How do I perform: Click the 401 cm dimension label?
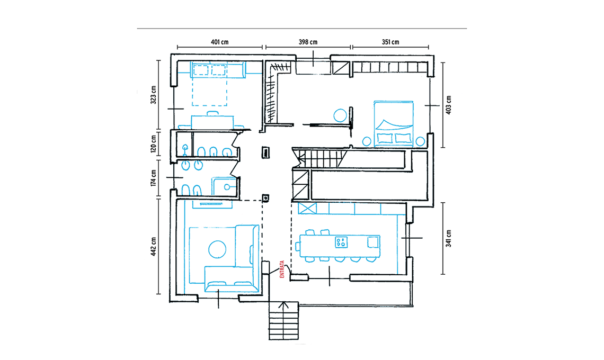click(x=219, y=42)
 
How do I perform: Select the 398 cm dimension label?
click(x=308, y=42)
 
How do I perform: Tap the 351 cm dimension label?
click(x=390, y=42)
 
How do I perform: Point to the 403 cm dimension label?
click(x=448, y=105)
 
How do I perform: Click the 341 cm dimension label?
click(x=448, y=238)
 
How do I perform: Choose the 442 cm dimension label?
click(x=153, y=246)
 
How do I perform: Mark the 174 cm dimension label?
click(x=153, y=178)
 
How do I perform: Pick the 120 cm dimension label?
click(x=153, y=144)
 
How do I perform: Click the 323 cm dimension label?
click(x=153, y=95)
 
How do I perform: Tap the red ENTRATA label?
click(x=282, y=269)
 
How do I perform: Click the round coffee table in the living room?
click(x=217, y=249)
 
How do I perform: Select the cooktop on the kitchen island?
click(x=341, y=242)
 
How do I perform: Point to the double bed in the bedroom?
click(x=394, y=124)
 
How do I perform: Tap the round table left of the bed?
click(x=340, y=115)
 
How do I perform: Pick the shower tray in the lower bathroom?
click(x=224, y=186)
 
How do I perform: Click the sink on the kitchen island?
click(x=373, y=242)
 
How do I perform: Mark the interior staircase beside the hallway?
click(x=319, y=158)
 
